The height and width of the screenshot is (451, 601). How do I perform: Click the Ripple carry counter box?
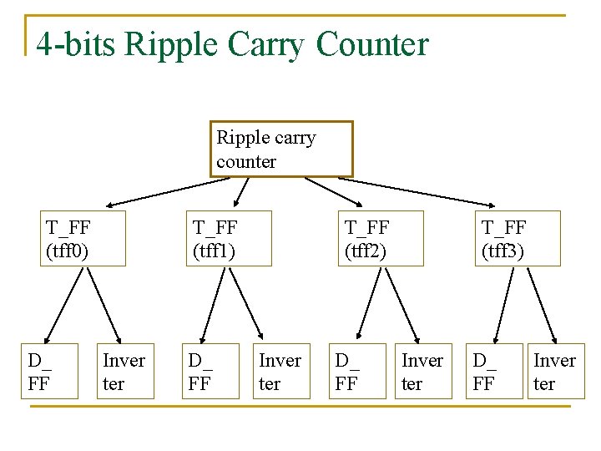281,149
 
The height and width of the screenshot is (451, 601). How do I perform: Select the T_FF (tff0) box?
83,238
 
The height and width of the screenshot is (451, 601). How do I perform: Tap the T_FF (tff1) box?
229,238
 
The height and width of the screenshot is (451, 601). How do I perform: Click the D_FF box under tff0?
49,371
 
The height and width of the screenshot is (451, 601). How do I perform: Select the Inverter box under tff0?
124,371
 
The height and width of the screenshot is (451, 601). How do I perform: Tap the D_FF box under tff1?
211,371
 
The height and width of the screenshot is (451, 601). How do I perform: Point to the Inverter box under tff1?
280,371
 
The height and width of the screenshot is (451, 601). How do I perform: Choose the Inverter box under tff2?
423,371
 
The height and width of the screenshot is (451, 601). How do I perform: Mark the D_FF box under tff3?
494,371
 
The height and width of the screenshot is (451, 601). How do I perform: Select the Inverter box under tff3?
554,371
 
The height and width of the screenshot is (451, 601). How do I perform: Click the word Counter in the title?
372,44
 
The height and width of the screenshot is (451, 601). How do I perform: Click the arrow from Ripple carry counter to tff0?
159,191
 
